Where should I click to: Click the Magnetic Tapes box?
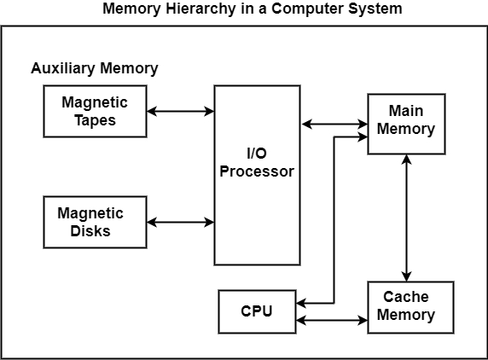click(x=95, y=111)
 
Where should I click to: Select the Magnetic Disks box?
click(x=95, y=222)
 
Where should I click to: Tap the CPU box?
click(x=257, y=311)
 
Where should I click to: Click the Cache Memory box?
click(x=410, y=307)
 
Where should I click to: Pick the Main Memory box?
click(x=406, y=124)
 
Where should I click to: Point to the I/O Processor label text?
click(x=257, y=162)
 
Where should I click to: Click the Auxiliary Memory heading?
click(x=95, y=68)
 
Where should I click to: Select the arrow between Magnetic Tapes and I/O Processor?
click(x=181, y=111)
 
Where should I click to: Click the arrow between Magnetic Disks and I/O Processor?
click(x=181, y=222)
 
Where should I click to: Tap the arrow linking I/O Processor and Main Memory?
click(x=334, y=125)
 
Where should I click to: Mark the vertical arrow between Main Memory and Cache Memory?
click(x=406, y=218)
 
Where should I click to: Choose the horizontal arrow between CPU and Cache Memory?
click(x=332, y=320)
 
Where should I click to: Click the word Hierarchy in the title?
click(x=200, y=9)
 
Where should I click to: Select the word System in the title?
click(x=375, y=9)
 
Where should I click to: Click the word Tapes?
click(x=96, y=120)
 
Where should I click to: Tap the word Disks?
click(x=90, y=231)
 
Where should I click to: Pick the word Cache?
click(x=406, y=297)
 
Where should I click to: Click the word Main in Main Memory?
click(x=406, y=111)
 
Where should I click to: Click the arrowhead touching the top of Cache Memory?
click(x=406, y=276)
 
